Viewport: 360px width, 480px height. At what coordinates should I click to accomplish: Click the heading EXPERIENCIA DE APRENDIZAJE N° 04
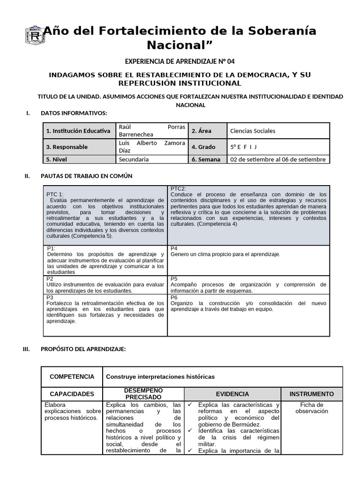[180, 61]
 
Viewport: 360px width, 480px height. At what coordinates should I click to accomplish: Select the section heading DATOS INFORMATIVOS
[74, 113]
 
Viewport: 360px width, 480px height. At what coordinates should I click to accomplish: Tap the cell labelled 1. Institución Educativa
[78, 131]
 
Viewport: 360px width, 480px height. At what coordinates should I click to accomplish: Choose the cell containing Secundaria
[134, 159]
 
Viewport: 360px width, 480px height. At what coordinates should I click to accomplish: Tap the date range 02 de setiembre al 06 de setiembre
[278, 159]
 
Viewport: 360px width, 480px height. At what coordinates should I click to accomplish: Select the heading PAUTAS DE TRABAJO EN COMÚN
[86, 176]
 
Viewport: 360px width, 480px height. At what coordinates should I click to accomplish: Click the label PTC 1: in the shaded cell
[55, 194]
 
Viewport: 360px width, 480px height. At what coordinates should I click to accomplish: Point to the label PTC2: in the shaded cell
[179, 188]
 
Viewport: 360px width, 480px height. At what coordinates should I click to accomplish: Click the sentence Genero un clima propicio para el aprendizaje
[225, 254]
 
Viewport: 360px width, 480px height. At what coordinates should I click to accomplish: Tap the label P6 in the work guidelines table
[174, 297]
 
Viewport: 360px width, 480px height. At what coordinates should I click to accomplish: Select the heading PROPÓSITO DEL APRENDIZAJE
[83, 349]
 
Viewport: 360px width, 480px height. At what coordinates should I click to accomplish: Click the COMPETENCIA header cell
[72, 376]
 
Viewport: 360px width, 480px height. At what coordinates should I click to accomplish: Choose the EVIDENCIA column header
[232, 394]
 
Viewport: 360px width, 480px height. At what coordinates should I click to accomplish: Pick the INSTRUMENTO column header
[312, 394]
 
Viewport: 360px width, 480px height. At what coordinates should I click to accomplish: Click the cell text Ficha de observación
[312, 408]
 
